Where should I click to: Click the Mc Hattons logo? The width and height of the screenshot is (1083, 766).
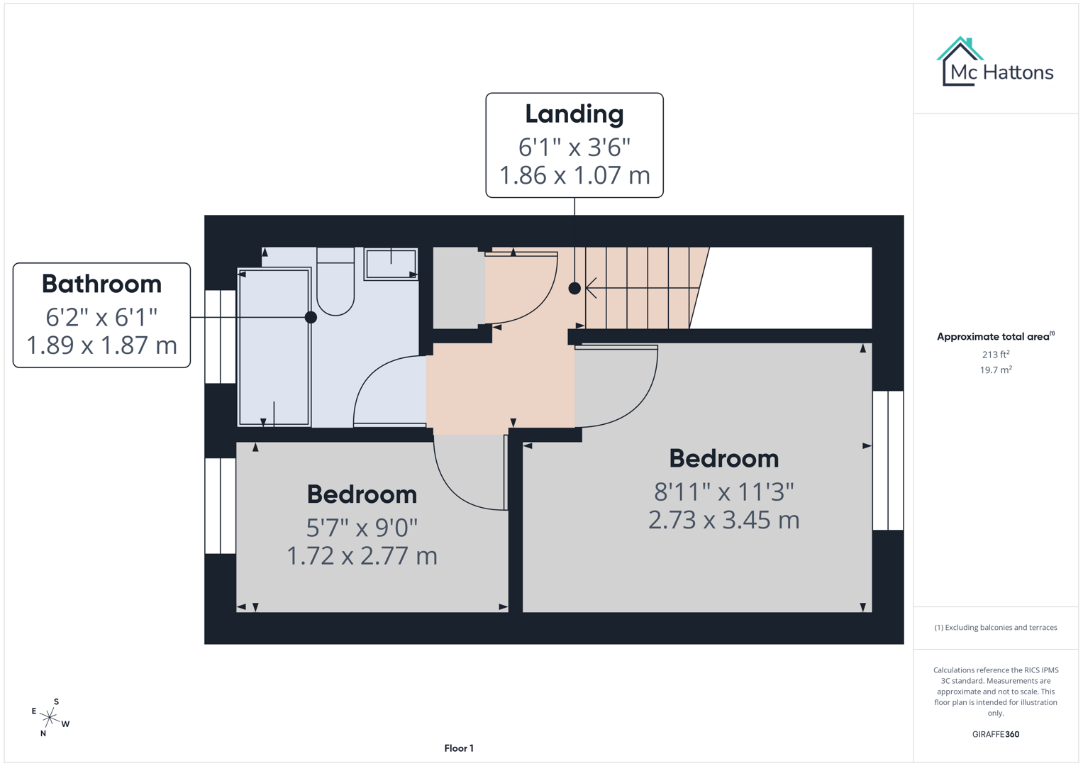coord(995,62)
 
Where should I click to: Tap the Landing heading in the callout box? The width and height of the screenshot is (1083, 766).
coord(574,114)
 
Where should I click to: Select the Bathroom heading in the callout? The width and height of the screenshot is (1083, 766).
coord(101,284)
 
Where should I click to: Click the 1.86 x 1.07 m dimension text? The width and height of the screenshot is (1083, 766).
coord(574,175)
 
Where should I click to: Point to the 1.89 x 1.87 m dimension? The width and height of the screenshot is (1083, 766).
coord(101,345)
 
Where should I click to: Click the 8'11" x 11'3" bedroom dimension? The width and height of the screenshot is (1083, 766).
coord(723,491)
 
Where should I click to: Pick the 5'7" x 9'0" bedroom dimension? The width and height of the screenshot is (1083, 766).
coord(362,528)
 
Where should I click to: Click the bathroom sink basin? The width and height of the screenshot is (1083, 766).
coord(391,264)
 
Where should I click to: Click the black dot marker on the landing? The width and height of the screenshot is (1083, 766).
coord(574,288)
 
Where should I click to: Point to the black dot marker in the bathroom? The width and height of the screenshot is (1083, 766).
coord(311,317)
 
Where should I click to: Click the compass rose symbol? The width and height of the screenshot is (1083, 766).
coord(50,718)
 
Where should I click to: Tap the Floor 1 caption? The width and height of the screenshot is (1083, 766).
coord(459,748)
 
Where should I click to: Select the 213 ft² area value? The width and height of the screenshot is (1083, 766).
coord(995,355)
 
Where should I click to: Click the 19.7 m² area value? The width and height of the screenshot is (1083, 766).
coord(995,370)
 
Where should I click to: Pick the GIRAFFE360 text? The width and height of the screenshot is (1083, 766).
coord(995,735)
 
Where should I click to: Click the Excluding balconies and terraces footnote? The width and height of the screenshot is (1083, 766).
coord(995,628)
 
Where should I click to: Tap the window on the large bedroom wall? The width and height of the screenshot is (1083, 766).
coord(888,460)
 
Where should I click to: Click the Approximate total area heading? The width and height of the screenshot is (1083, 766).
coord(994,337)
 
